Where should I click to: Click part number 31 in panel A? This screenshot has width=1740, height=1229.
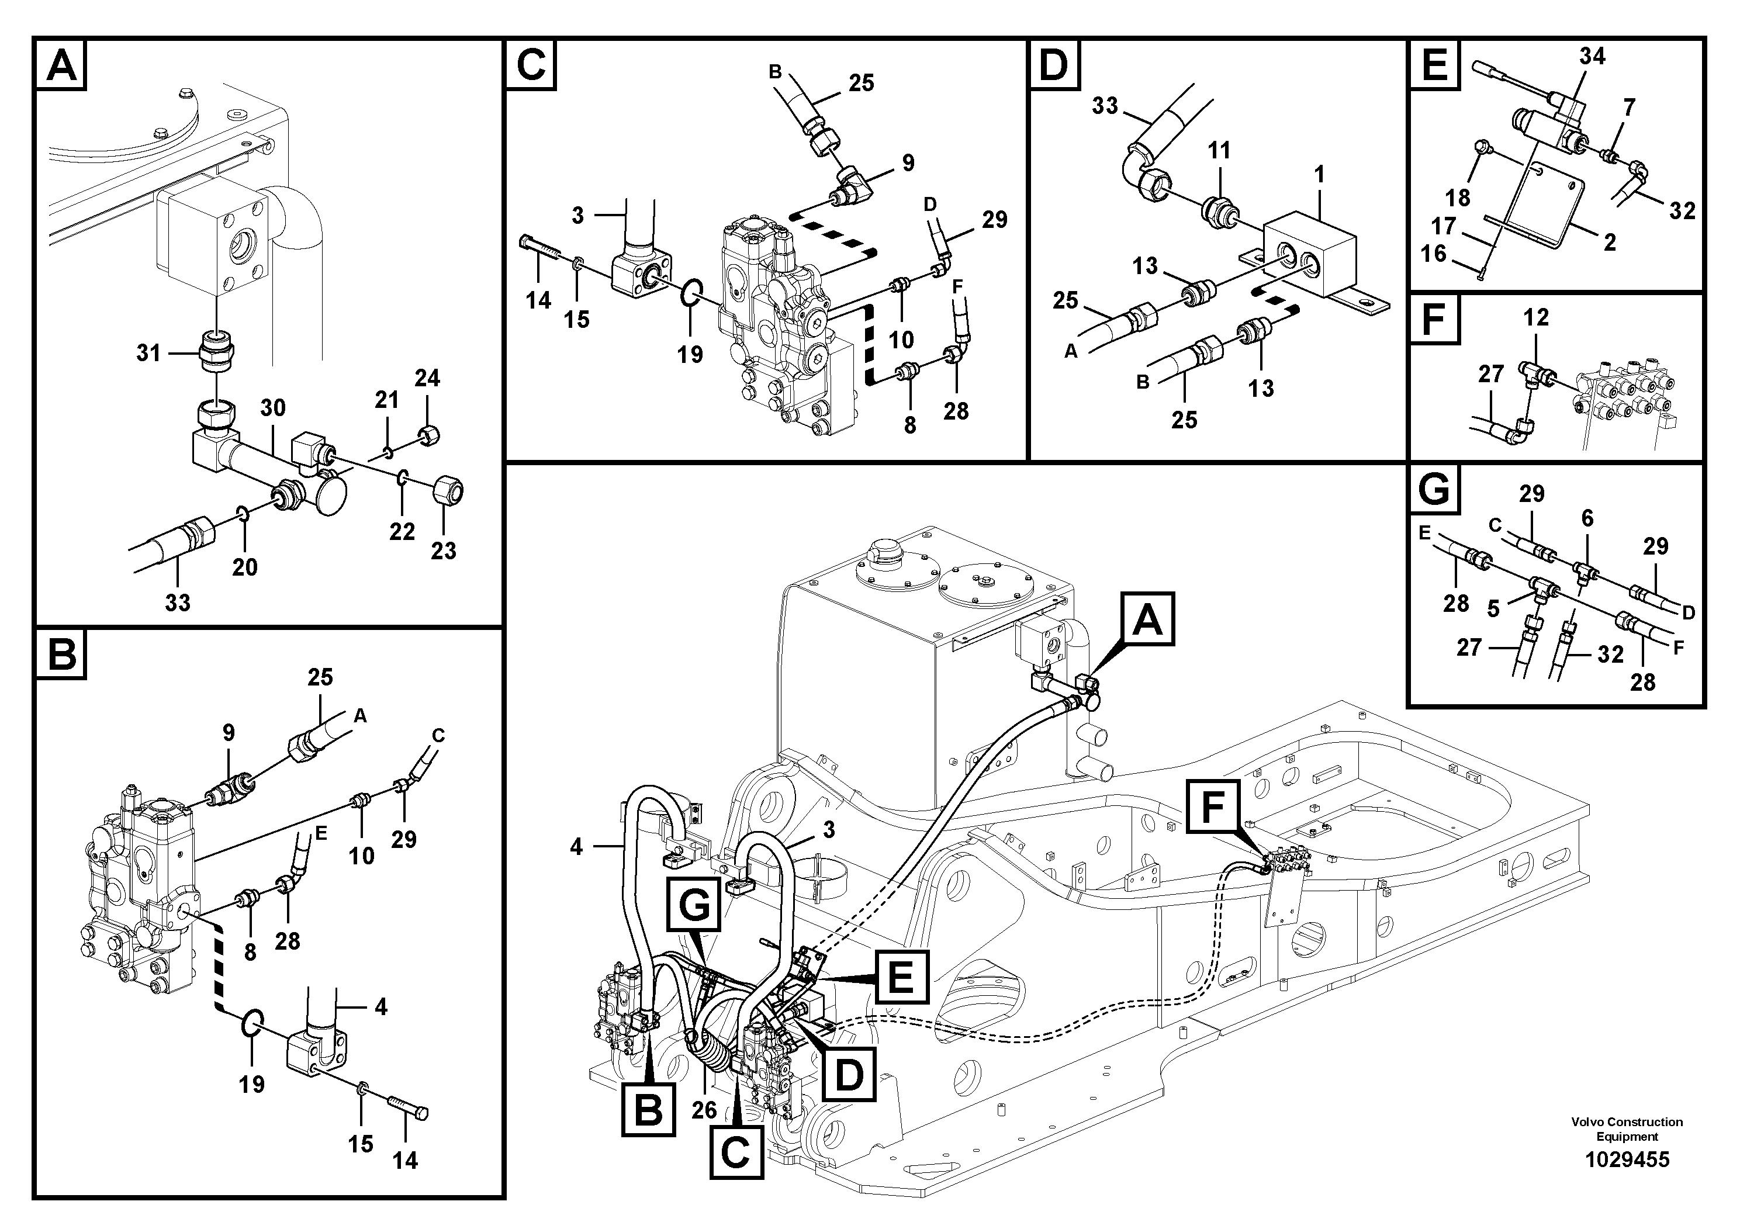(x=148, y=352)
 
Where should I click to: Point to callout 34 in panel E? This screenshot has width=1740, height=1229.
(x=1592, y=56)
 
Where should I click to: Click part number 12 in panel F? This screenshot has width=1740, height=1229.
(x=1535, y=317)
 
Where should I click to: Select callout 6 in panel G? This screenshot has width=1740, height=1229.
(x=1587, y=518)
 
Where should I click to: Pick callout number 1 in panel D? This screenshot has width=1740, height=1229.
(x=1319, y=175)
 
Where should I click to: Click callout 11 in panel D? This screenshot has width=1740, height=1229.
(x=1219, y=151)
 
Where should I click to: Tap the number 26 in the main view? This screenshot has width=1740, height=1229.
(x=704, y=1110)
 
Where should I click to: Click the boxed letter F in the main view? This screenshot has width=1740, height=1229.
(x=1213, y=808)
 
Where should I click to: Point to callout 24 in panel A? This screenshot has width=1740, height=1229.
(x=427, y=378)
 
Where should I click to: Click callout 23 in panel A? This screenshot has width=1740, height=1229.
(x=444, y=551)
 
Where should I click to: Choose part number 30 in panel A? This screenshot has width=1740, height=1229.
(x=273, y=408)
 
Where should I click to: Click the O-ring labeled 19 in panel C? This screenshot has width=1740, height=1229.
(x=693, y=292)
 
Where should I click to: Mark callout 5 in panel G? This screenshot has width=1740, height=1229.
(x=1493, y=608)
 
